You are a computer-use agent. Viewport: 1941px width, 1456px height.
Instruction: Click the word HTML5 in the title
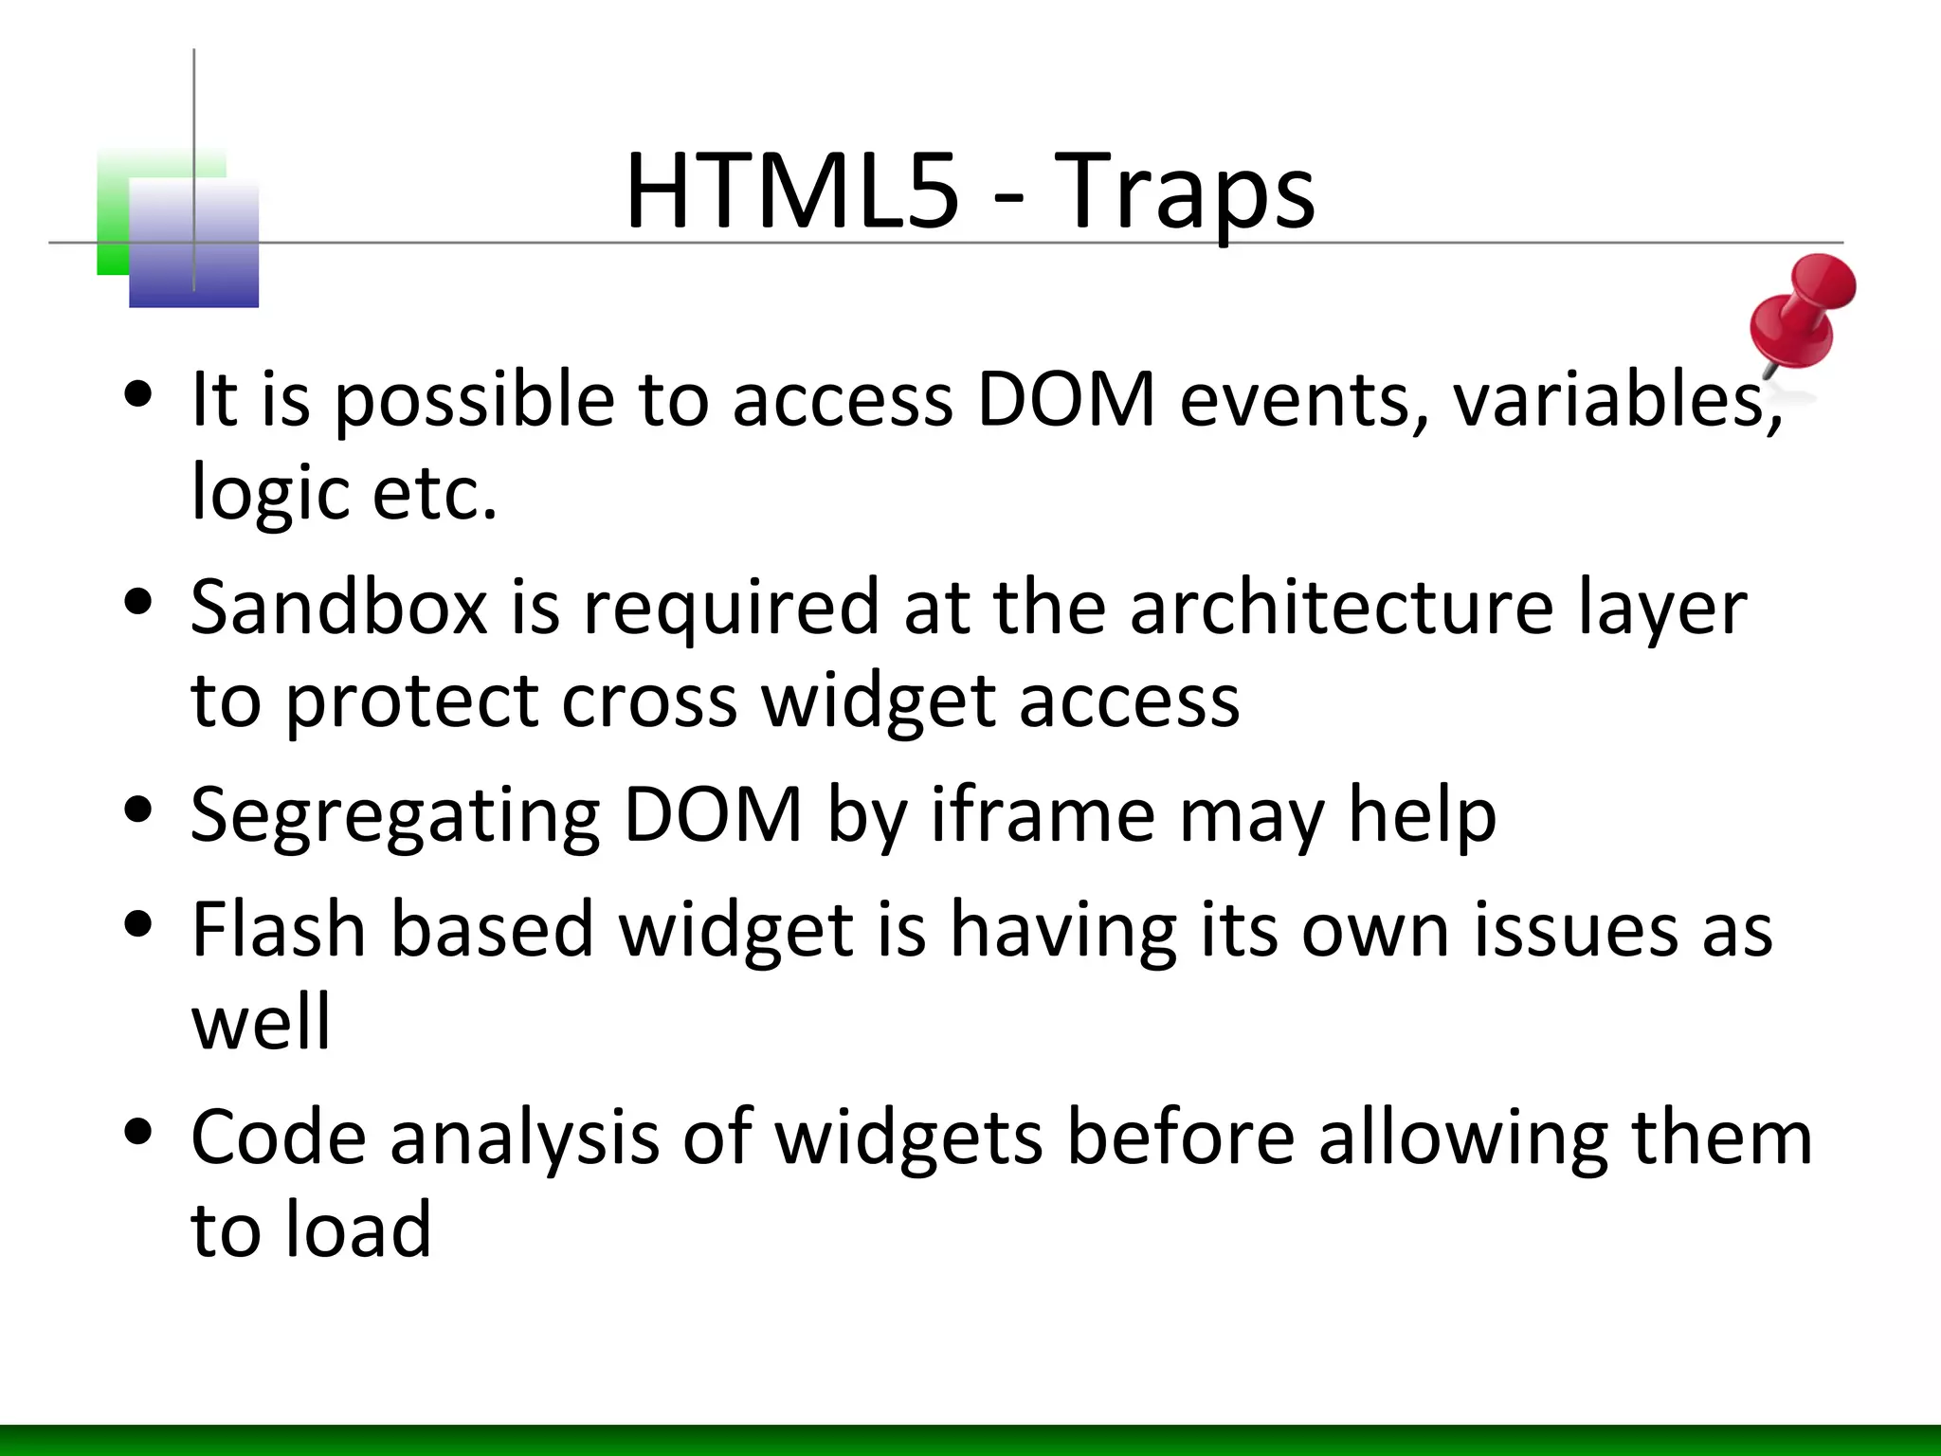[791, 192]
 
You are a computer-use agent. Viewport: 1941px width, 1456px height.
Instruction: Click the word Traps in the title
[1184, 194]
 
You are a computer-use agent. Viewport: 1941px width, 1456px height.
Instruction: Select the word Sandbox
[338, 608]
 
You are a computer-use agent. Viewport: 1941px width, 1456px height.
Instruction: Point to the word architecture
[1341, 608]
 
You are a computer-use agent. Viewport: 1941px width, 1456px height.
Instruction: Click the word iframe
[1042, 814]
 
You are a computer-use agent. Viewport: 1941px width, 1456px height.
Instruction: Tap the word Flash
[279, 930]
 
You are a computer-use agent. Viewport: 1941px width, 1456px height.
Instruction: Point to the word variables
[1617, 399]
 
